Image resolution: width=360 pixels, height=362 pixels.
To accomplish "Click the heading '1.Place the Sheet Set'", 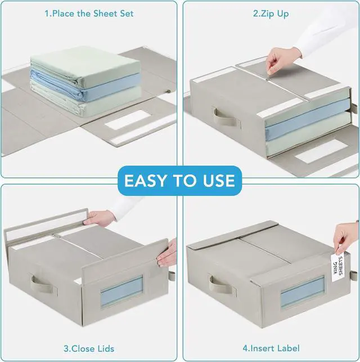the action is point(89,14).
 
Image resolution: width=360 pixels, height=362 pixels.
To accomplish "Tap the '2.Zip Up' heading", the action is point(271,14).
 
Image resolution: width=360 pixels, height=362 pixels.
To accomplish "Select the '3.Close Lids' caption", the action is point(89,348).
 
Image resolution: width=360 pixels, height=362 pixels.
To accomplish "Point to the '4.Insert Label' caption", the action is point(271,348).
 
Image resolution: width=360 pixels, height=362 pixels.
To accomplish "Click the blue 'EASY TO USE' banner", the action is point(180,181).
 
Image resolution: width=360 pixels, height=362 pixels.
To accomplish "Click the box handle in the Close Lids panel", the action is point(43,284).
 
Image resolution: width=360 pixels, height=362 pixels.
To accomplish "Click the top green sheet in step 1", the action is point(85,65).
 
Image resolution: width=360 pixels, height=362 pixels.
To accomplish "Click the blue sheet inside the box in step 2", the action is point(307,122).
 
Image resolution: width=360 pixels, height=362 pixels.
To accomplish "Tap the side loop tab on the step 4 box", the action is point(353,275).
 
